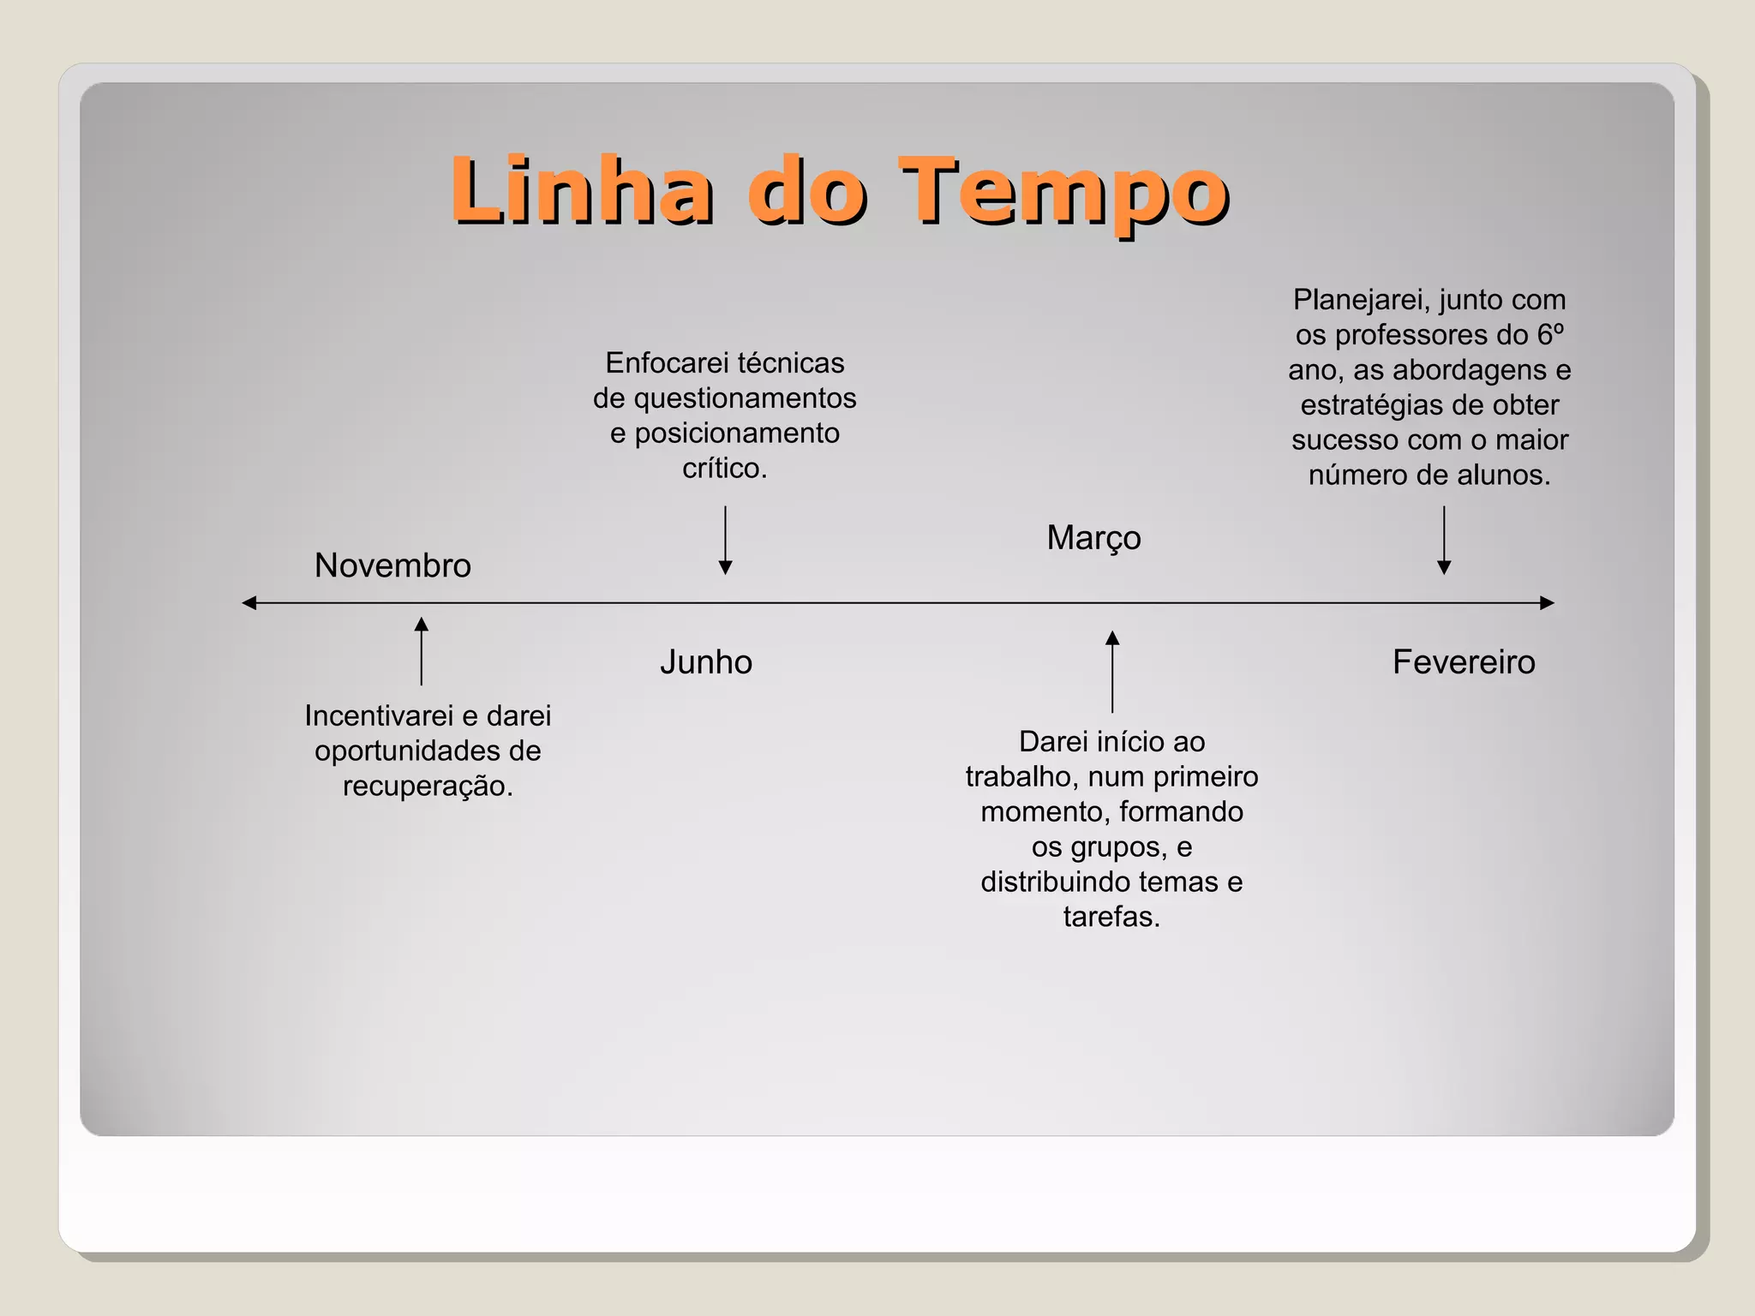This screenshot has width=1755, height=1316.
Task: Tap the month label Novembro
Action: point(392,565)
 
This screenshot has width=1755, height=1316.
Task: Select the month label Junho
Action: point(706,662)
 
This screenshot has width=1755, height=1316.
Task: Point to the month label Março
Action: point(1093,538)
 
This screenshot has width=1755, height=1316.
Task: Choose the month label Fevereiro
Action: point(1464,662)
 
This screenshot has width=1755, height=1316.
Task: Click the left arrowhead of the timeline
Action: point(249,603)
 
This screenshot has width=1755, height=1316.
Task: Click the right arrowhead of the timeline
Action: point(1547,603)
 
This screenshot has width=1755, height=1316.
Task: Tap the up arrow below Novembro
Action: point(422,650)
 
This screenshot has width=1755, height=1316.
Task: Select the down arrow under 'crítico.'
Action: point(725,540)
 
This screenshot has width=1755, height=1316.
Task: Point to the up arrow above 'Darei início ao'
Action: point(1112,672)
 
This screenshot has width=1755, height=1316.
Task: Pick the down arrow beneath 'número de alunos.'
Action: point(1444,540)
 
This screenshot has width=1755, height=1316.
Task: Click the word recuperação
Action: point(428,786)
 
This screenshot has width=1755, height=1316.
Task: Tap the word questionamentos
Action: point(745,398)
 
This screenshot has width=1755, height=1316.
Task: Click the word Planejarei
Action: point(1361,300)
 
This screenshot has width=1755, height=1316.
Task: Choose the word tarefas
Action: point(1111,917)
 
